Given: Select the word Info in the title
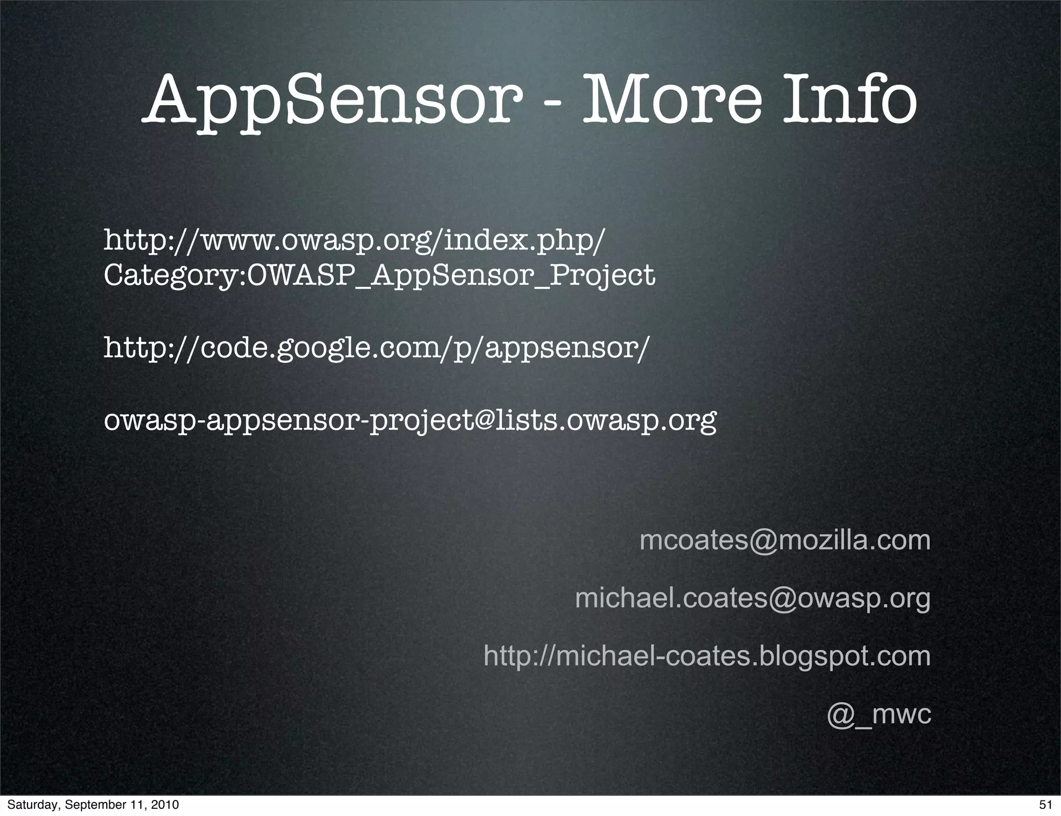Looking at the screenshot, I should pyautogui.click(x=850, y=97).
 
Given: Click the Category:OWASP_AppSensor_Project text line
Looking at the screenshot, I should pyautogui.click(x=379, y=275).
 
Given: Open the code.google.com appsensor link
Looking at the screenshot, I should pyautogui.click(x=376, y=348).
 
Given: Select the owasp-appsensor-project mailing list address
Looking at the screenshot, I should pyautogui.click(x=410, y=421).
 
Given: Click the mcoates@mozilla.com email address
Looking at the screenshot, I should pyautogui.click(x=785, y=541).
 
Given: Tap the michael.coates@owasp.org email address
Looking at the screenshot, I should pyautogui.click(x=753, y=599).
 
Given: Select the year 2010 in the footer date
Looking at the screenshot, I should pyautogui.click(x=165, y=805).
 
